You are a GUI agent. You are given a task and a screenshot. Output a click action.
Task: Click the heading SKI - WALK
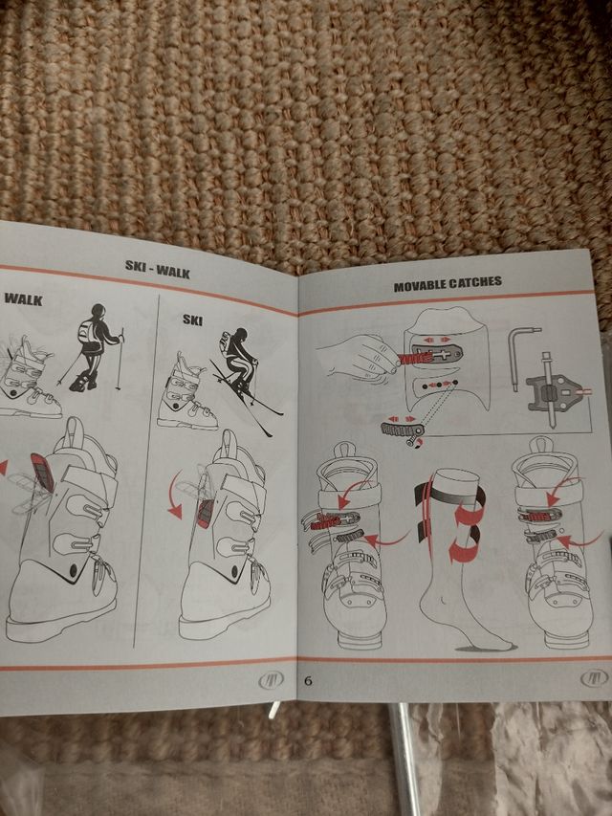[x=158, y=269]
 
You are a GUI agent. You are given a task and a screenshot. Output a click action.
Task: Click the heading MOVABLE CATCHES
[x=448, y=284]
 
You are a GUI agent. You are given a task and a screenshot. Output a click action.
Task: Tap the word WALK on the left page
[x=23, y=299]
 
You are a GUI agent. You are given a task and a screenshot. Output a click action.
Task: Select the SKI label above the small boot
[x=192, y=319]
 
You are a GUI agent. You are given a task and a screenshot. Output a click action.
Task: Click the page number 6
[x=308, y=680]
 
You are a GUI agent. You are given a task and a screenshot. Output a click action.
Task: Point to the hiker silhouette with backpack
[x=93, y=347]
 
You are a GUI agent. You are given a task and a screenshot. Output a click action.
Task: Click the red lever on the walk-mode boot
[x=43, y=473]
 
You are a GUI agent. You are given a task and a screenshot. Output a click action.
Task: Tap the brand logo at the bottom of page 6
[x=594, y=678]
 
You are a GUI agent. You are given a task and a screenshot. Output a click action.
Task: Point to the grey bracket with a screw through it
[x=556, y=394]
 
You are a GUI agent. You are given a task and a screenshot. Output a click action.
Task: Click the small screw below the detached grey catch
[x=414, y=442]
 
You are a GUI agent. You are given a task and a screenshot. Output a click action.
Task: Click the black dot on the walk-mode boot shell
[x=74, y=569]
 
